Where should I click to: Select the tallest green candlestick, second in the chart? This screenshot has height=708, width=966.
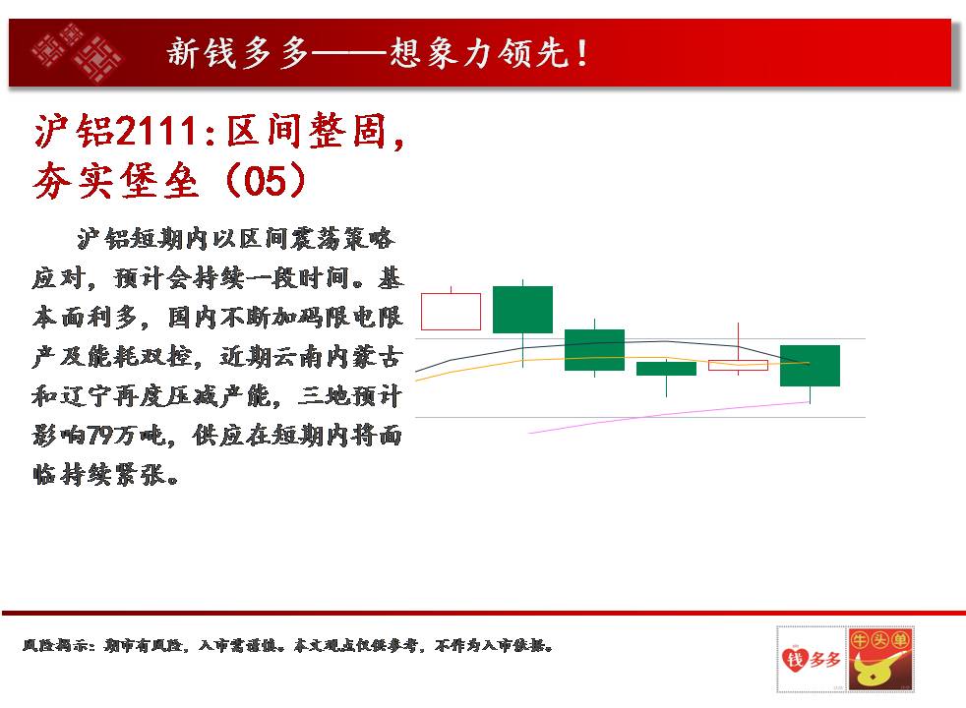[523, 310]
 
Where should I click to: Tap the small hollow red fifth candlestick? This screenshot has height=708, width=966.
[738, 365]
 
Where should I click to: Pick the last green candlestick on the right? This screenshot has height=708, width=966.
[810, 366]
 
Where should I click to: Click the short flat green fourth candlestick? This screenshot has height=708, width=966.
[666, 368]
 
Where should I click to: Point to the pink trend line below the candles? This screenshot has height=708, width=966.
[669, 417]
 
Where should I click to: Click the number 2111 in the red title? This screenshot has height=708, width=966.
[156, 131]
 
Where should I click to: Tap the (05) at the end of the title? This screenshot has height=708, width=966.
[266, 180]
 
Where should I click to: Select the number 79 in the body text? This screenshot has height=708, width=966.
[99, 436]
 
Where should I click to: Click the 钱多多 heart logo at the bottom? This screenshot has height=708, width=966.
[811, 660]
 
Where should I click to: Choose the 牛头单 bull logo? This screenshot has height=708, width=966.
[879, 660]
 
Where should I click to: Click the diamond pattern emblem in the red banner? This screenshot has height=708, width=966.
[77, 53]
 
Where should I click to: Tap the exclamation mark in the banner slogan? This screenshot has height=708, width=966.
[582, 53]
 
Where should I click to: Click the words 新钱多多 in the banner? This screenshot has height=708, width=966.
[238, 53]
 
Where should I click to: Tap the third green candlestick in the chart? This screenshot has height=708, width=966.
[594, 350]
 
